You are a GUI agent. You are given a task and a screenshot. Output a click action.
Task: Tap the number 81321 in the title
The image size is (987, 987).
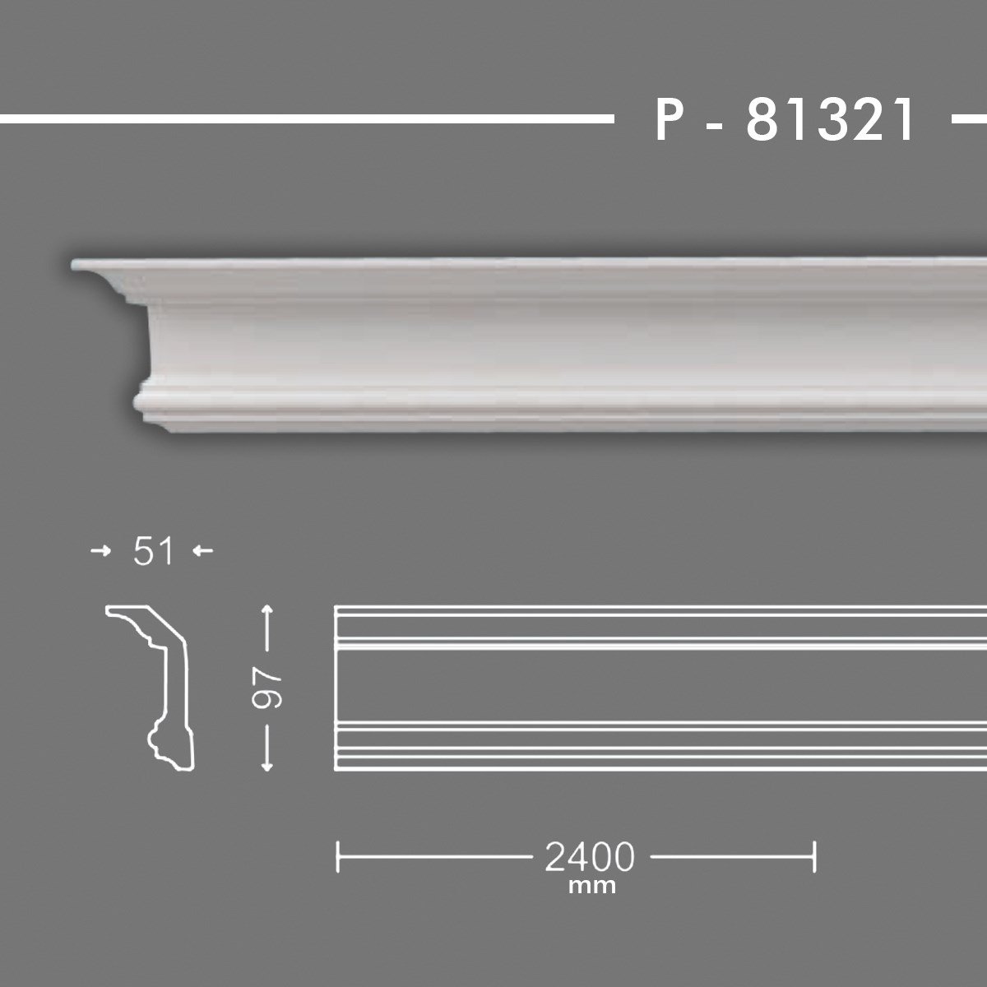(831, 121)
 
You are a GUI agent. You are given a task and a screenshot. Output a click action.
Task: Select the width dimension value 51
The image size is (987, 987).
(153, 552)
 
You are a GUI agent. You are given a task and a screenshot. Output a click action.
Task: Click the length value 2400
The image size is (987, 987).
(590, 857)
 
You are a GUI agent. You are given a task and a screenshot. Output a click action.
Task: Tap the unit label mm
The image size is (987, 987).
(591, 887)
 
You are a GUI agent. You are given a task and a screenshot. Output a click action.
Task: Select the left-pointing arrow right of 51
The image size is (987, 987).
(203, 552)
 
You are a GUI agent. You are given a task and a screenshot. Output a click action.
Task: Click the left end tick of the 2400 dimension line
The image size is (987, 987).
(338, 856)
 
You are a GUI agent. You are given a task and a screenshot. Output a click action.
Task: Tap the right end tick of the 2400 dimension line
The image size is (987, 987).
(813, 856)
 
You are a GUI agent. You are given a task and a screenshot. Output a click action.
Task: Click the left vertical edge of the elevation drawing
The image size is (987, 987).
(336, 689)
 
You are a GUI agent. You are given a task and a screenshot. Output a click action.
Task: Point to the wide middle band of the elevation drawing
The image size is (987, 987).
(658, 683)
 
